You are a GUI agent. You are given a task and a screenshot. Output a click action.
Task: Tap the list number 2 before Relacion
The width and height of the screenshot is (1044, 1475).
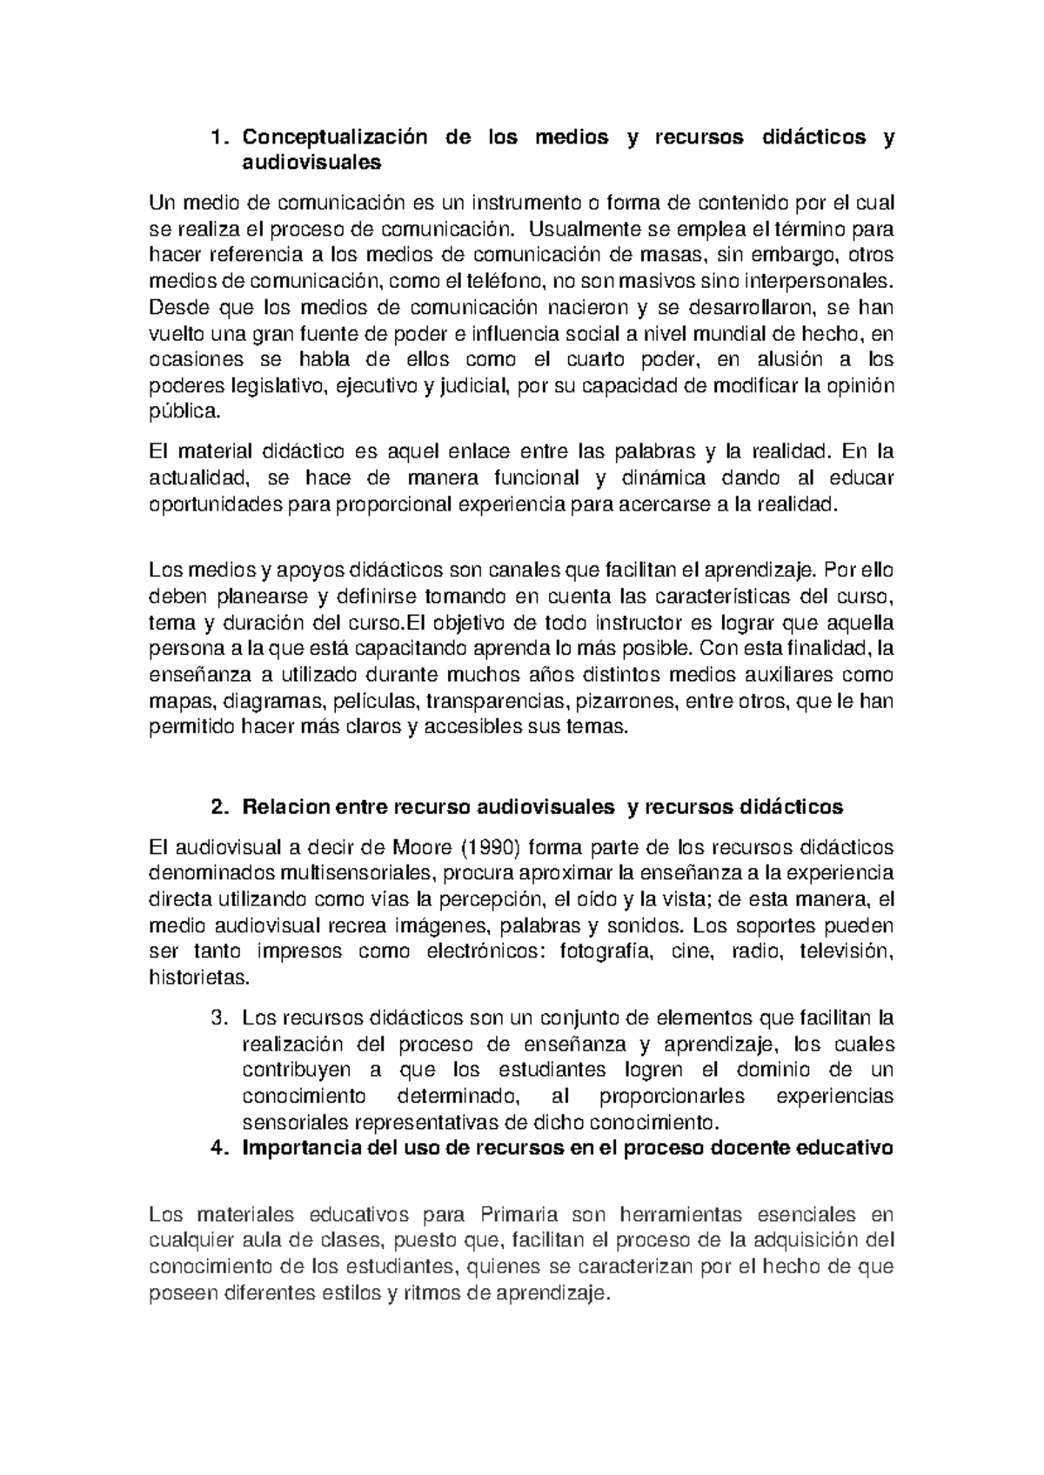tap(217, 806)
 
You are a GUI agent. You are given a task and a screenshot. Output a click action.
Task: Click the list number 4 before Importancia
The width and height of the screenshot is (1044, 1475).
tap(217, 1148)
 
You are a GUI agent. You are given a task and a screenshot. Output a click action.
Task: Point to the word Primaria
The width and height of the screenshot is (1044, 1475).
tap(519, 1215)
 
